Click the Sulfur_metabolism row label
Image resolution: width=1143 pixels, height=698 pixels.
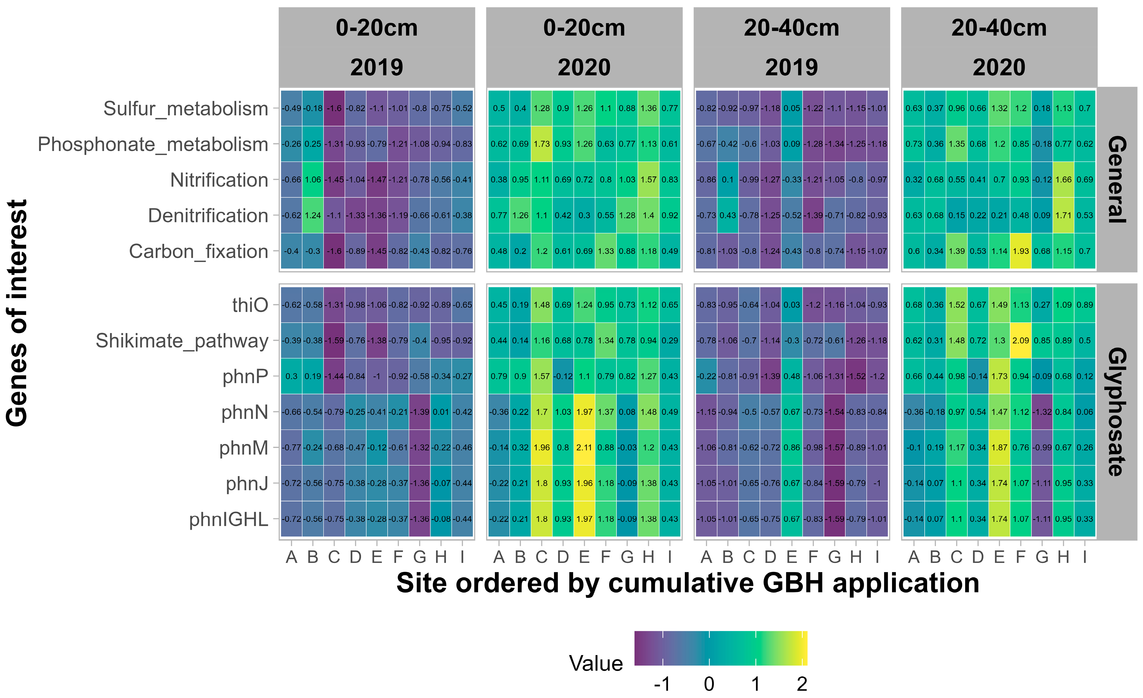[x=186, y=108]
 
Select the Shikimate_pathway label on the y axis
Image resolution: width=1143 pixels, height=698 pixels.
[x=182, y=341]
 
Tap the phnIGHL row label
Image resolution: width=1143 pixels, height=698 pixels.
[x=229, y=520]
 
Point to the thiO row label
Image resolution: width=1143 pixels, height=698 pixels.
[x=250, y=305]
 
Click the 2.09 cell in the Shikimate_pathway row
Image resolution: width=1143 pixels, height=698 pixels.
[x=1021, y=340]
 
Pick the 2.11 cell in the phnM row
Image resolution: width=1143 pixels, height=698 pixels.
[x=584, y=447]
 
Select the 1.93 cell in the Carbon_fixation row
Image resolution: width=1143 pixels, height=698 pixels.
[x=1021, y=251]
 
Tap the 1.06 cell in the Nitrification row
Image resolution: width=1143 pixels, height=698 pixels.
[x=313, y=180]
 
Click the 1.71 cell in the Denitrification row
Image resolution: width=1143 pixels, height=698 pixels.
[x=1063, y=215]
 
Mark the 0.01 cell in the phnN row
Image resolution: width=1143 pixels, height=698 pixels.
[x=441, y=412]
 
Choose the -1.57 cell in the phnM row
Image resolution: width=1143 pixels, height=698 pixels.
[x=835, y=447]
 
